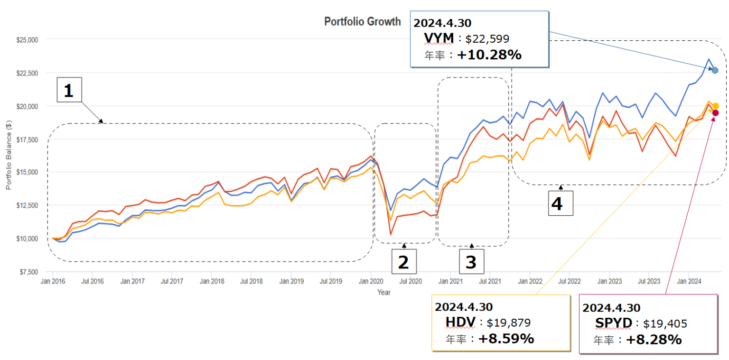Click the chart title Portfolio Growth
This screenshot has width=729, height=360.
(362, 22)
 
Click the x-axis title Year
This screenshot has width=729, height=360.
(384, 293)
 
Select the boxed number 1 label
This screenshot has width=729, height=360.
(69, 91)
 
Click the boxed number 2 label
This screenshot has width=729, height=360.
(403, 262)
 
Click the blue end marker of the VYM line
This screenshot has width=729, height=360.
(715, 70)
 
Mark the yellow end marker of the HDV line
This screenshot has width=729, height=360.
(715, 106)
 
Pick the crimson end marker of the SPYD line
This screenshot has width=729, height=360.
(715, 113)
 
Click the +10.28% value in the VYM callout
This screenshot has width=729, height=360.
(489, 55)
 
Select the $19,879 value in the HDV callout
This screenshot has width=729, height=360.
(508, 323)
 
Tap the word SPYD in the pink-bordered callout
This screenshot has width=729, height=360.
(613, 323)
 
